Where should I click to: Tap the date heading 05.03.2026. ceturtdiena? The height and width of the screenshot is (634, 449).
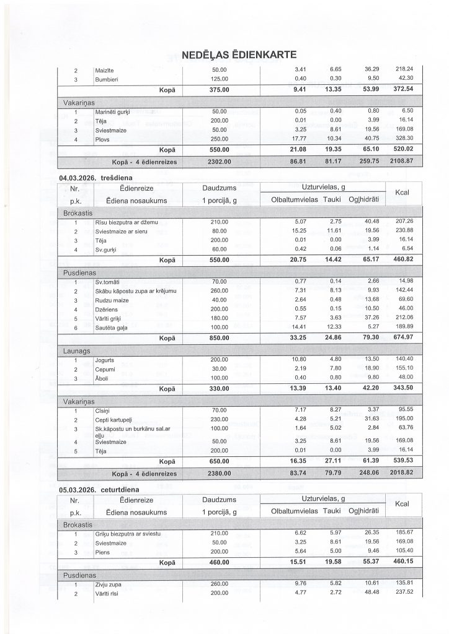(99, 489)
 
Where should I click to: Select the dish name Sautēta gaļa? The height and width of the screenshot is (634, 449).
(112, 327)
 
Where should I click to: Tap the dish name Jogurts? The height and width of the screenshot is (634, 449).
(105, 359)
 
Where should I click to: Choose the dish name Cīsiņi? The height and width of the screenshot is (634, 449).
(103, 410)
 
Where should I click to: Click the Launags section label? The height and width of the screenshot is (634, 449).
(78, 350)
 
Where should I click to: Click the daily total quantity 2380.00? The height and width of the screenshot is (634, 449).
(220, 474)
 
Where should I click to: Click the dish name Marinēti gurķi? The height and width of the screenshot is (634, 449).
(111, 111)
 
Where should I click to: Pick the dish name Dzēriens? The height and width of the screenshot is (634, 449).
(106, 309)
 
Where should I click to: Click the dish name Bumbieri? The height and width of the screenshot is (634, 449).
(107, 79)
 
